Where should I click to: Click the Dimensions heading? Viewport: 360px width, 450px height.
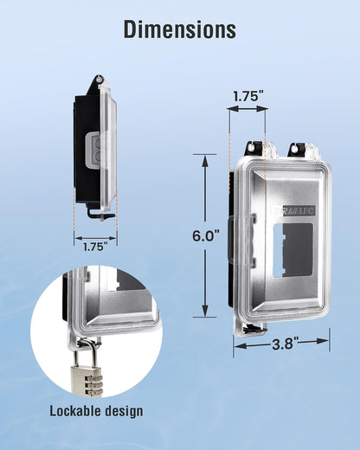click(x=180, y=29)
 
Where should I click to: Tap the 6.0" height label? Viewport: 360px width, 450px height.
click(x=206, y=236)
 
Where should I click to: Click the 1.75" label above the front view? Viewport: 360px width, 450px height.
click(x=248, y=96)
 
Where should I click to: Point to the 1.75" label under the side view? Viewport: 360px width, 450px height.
click(x=95, y=247)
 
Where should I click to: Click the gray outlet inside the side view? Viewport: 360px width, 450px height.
click(x=93, y=150)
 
